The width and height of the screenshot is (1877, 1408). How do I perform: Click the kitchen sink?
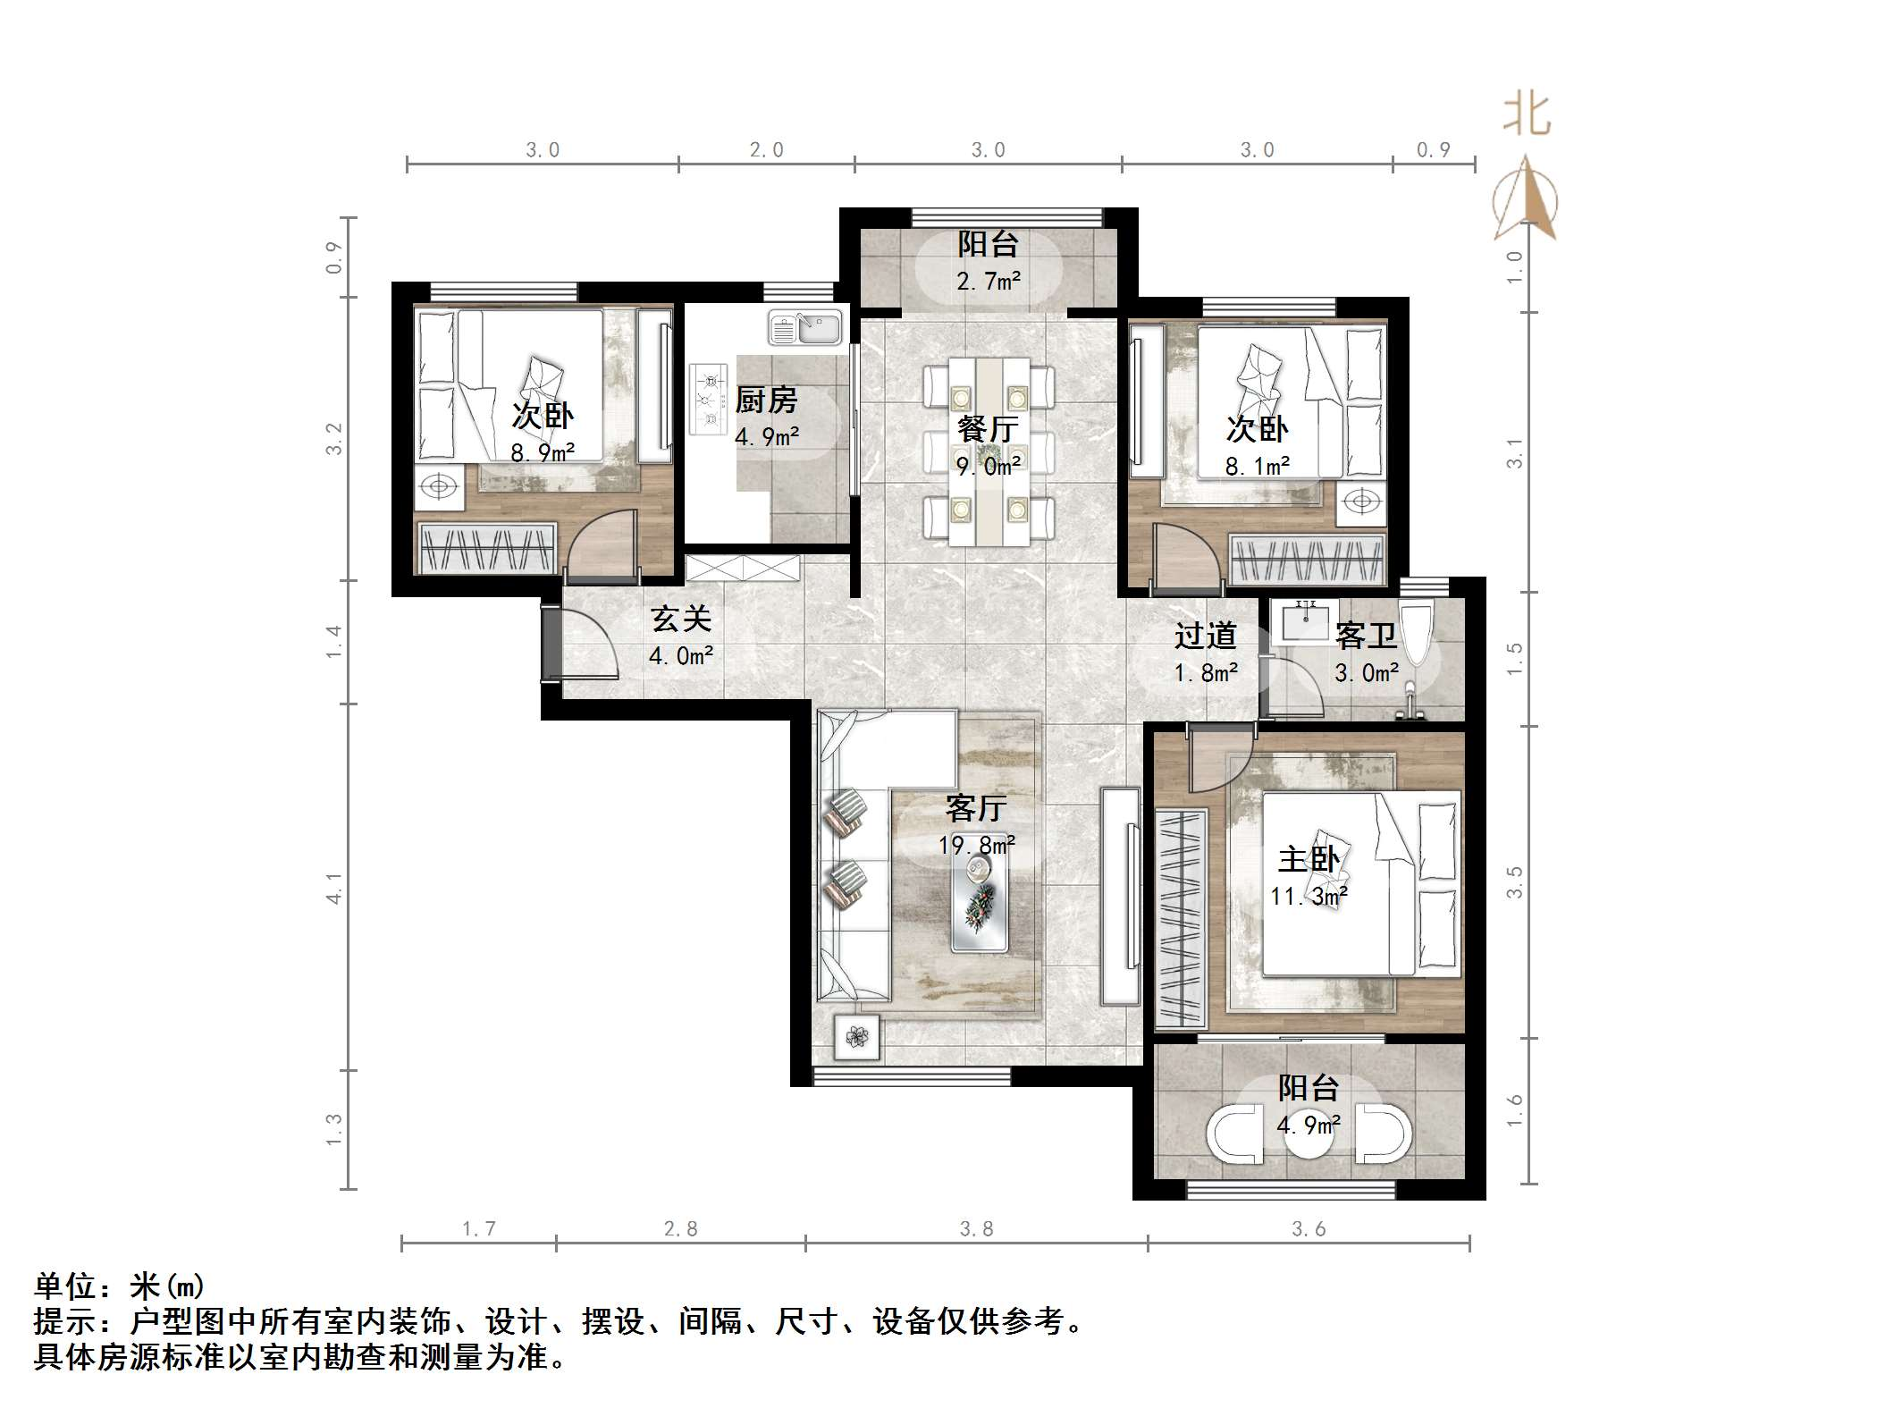point(804,327)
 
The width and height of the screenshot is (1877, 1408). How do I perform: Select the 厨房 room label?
point(766,400)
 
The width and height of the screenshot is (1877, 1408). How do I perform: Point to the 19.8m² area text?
point(976,845)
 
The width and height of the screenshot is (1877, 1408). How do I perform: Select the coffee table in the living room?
point(980,906)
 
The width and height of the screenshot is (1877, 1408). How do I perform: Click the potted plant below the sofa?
point(857,1037)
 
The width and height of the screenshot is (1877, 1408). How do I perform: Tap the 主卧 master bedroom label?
point(1309,859)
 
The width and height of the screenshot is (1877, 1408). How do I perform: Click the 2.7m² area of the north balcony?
point(988,282)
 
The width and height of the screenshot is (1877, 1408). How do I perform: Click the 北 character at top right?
point(1527,116)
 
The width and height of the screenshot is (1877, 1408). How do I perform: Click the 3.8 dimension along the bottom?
point(976,1228)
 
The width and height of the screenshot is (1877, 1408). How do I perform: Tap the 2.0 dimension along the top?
point(766,150)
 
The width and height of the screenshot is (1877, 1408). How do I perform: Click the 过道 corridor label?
point(1205,636)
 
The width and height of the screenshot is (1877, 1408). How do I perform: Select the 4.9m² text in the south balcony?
point(1309,1125)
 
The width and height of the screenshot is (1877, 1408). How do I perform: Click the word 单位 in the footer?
point(65,1286)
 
